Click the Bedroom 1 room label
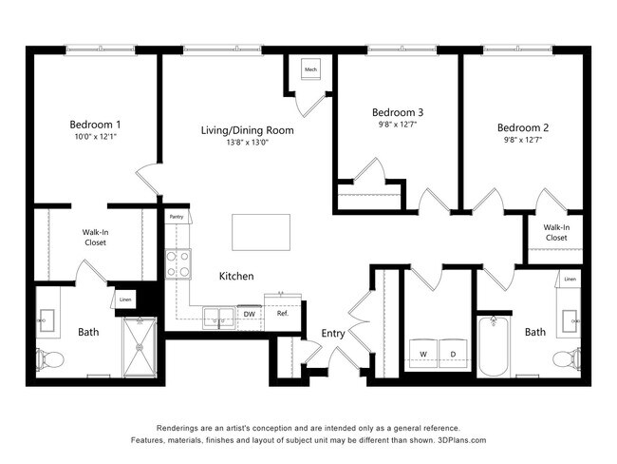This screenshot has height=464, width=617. point(95,125)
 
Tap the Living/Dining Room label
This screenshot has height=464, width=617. point(247,130)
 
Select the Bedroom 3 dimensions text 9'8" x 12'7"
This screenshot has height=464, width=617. point(397,124)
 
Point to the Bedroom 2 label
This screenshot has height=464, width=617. point(523,127)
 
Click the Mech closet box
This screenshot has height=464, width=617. point(310,69)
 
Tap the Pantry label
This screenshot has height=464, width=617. point(177,218)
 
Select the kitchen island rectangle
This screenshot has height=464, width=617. point(262,231)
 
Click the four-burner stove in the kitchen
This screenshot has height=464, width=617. point(178,262)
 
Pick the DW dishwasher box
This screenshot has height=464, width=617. point(249,314)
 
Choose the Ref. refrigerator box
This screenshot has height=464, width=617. point(283,312)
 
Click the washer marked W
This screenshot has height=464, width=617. point(424,354)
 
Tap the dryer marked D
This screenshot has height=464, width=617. point(453,354)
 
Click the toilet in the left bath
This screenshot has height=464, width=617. point(51,359)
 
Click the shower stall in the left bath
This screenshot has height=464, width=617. point(143,348)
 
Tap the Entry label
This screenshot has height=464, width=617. point(332,333)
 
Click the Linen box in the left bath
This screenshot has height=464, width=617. point(125,300)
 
